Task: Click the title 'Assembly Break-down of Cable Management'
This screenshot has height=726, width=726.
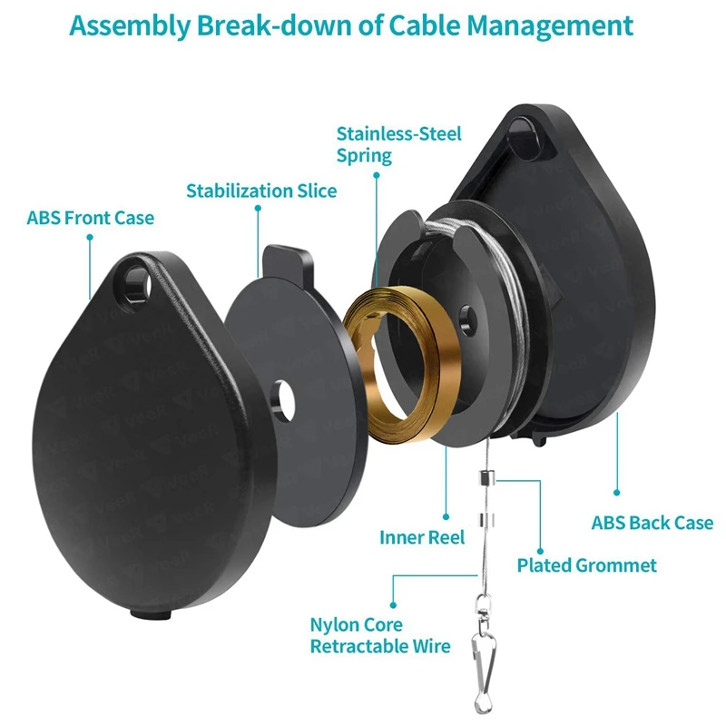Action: (x=351, y=26)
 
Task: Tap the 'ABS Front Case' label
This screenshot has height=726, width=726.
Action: (x=90, y=218)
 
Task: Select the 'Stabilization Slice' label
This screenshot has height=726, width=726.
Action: (x=261, y=191)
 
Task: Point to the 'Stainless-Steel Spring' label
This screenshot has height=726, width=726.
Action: (x=398, y=144)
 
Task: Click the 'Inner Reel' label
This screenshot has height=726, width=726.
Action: (x=422, y=537)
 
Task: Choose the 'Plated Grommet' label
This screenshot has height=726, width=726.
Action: (x=586, y=565)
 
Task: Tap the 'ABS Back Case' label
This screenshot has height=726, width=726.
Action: (x=652, y=523)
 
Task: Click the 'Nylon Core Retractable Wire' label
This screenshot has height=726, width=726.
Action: (x=380, y=635)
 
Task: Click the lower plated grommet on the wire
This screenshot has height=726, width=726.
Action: (x=486, y=520)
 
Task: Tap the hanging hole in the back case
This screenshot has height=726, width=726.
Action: (x=525, y=138)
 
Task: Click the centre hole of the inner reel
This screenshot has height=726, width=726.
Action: (x=467, y=320)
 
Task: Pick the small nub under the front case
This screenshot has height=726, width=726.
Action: (x=151, y=614)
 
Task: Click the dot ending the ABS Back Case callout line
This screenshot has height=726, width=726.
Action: (x=617, y=493)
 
